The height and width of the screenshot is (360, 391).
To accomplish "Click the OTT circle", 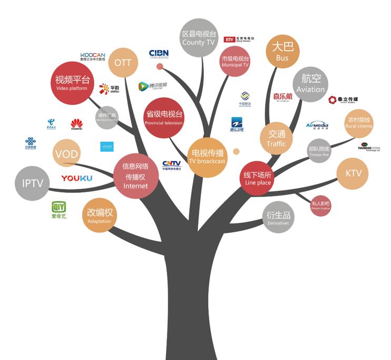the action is [123, 63].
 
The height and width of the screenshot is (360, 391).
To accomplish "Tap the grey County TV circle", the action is [199, 38].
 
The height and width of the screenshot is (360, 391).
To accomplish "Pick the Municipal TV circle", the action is [235, 62].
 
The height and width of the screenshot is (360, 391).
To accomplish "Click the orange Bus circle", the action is [282, 52].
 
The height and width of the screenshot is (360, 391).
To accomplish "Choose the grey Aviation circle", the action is [310, 84].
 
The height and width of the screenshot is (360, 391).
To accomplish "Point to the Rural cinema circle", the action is [358, 123].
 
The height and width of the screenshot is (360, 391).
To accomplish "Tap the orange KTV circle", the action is [353, 173].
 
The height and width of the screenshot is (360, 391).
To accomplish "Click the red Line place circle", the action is [257, 178].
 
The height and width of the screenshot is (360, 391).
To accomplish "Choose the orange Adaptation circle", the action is [100, 216].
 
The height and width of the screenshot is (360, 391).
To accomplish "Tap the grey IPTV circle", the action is [33, 183].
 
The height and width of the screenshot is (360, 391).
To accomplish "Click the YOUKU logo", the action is [76, 178].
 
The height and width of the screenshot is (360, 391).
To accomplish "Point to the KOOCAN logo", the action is [93, 56].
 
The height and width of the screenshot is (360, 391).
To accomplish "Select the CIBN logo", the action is [159, 53].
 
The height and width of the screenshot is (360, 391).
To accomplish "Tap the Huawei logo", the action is [77, 124].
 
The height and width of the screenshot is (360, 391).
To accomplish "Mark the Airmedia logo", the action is [317, 125].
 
